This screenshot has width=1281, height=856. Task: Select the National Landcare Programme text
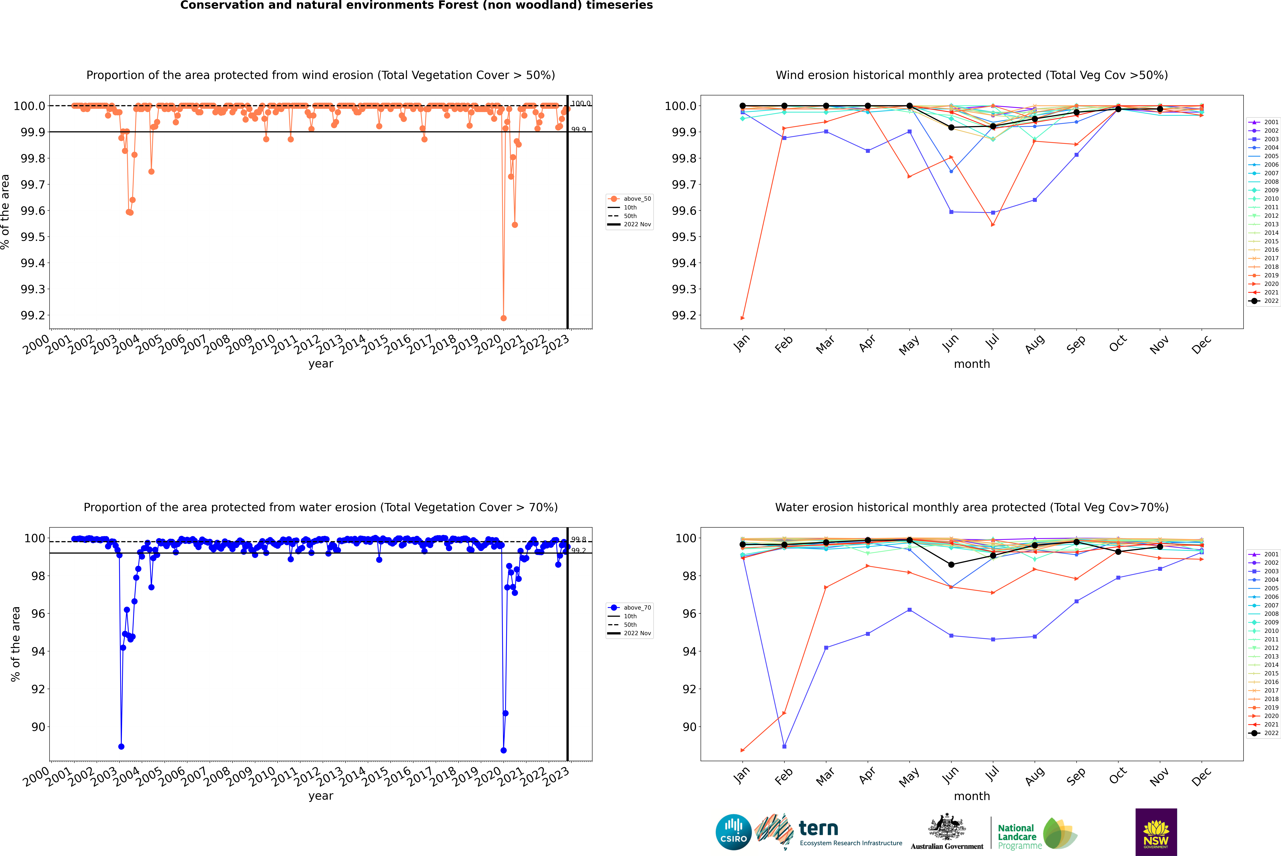1017,836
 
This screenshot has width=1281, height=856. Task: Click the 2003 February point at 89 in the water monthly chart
784,746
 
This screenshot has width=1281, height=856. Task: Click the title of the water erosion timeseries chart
320,507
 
